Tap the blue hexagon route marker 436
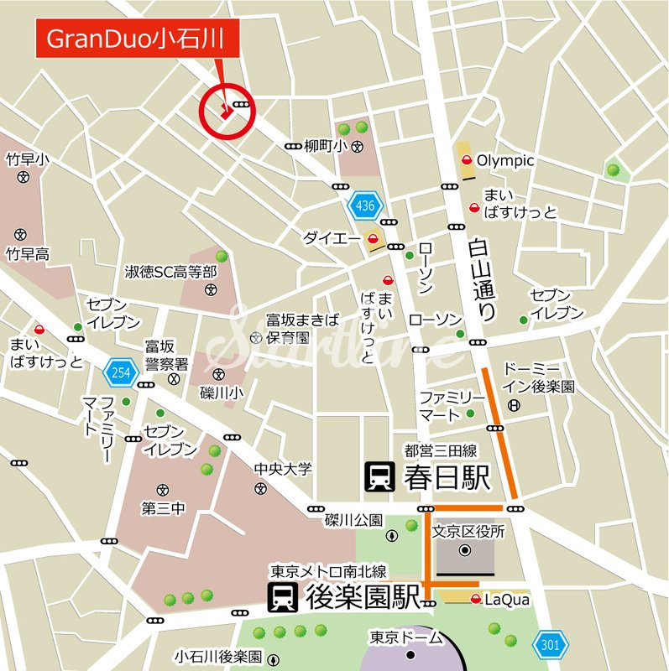[x=364, y=205]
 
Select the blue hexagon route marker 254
[x=120, y=371]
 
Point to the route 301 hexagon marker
[x=551, y=643]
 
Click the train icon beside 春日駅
[x=379, y=477]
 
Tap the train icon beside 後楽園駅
[x=282, y=598]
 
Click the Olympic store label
[x=505, y=160]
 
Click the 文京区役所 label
[x=468, y=532]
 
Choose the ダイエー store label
[x=327, y=238]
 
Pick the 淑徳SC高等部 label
[x=171, y=272]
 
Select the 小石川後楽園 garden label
[x=217, y=656]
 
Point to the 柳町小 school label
[x=326, y=146]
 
